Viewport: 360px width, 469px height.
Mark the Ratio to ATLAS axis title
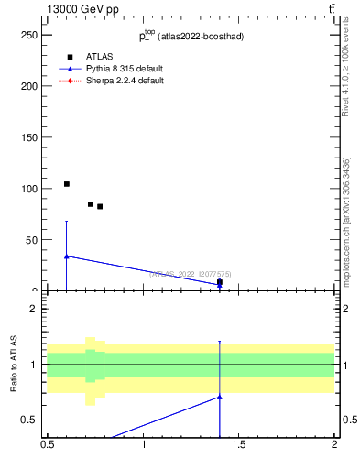point(14,364)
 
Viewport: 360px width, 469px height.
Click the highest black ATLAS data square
point(66,184)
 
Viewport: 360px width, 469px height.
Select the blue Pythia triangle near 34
point(66,256)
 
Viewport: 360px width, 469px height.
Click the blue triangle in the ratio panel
point(220,397)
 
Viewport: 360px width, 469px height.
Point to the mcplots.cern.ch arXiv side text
point(346,220)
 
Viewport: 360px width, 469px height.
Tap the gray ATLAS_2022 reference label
point(191,273)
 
